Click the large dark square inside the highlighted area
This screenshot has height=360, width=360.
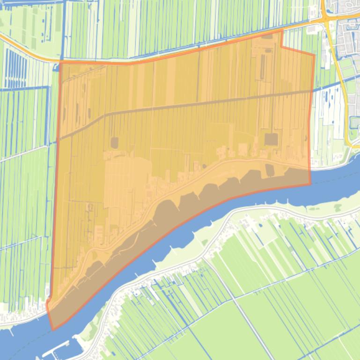pyautogui.click(x=271, y=139)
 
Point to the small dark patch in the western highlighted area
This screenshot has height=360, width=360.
pyautogui.click(x=114, y=142)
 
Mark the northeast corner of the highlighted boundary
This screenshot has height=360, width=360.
pyautogui.click(x=314, y=55)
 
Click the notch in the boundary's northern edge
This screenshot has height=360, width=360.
pyautogui.click(x=281, y=46)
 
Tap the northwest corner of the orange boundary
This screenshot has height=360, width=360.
pyautogui.click(x=60, y=62)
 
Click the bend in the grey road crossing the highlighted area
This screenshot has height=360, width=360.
pyautogui.click(x=105, y=114)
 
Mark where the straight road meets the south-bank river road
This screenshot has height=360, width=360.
pyautogui.click(x=205, y=257)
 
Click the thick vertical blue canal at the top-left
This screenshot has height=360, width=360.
pyautogui.click(x=62, y=28)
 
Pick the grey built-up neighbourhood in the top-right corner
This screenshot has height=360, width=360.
pyautogui.click(x=346, y=28)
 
